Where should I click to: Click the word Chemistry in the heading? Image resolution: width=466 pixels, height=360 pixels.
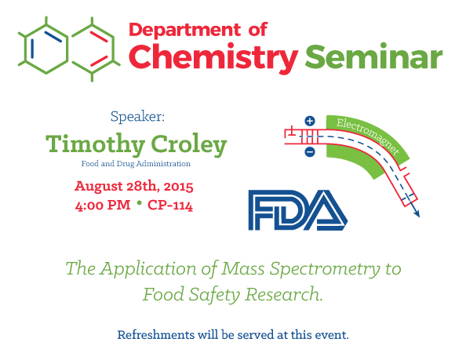coord(213,57)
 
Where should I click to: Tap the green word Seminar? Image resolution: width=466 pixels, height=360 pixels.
coord(374,56)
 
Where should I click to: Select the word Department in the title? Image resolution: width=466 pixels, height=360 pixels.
coord(184,30)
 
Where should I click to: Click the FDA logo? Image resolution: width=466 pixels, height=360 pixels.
coord(298,210)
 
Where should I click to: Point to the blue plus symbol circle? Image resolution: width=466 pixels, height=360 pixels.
coord(310,121)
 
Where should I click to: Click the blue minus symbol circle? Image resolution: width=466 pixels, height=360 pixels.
coord(310,152)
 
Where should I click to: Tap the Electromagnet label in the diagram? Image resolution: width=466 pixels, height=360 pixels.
coord(368,136)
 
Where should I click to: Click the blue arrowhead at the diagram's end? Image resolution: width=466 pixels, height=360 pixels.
coord(417,213)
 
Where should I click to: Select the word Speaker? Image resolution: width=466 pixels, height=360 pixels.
coord(137,116)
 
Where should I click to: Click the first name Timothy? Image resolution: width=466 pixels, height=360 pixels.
coord(95,144)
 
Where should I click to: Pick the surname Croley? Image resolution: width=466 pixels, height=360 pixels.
coord(189,144)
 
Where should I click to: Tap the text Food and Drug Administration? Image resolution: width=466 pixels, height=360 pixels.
coord(136,164)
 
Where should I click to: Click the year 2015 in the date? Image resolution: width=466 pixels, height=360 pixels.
coord(178,187)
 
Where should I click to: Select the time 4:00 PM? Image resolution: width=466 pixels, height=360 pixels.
coord(103,205)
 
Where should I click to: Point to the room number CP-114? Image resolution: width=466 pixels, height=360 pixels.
coord(170,205)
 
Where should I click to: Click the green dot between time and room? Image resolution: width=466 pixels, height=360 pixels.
coord(139,202)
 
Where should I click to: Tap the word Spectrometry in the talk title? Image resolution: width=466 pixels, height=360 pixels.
coord(325,269)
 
